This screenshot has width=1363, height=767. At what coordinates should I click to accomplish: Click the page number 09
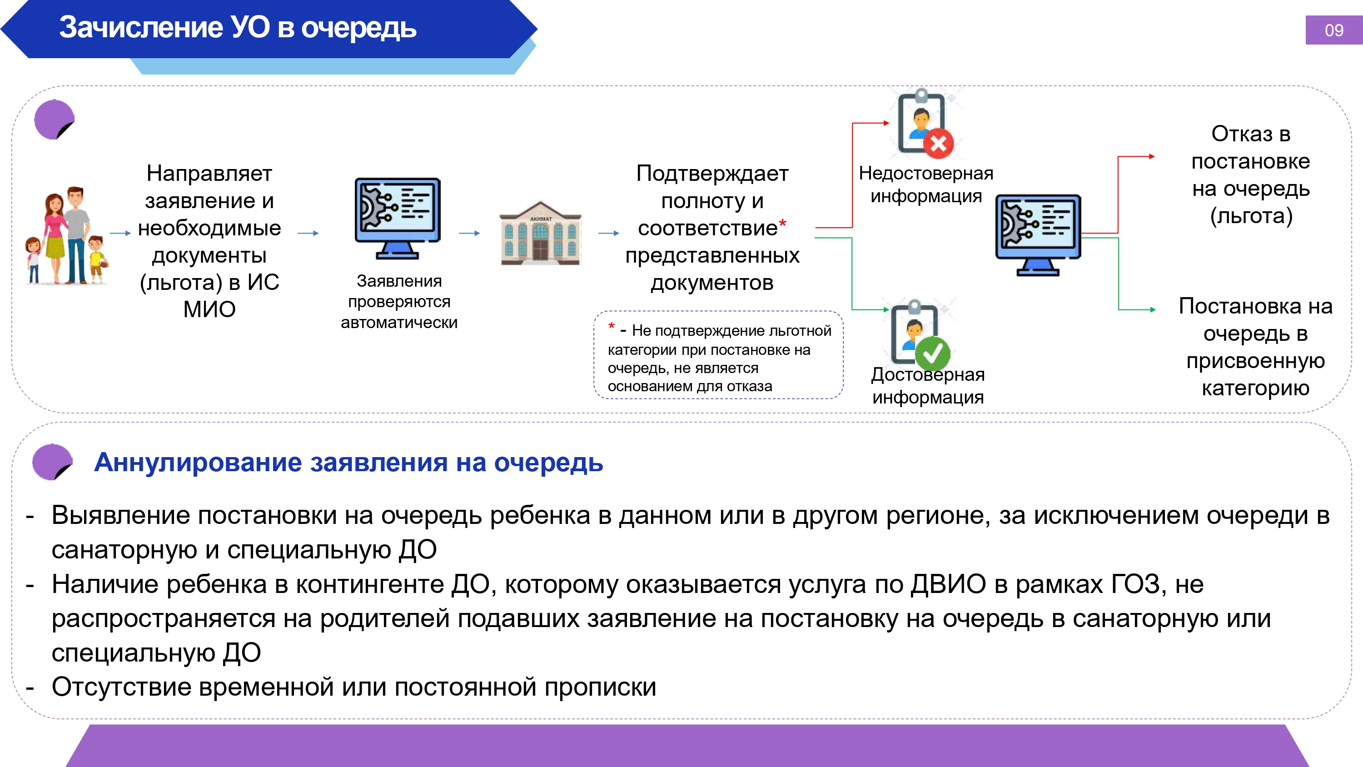click(x=1333, y=30)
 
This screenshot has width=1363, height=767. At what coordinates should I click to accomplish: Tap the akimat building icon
click(x=540, y=233)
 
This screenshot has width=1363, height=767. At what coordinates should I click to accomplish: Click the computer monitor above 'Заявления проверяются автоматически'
click(x=398, y=218)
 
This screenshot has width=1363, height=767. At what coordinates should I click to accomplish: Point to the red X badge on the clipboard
click(x=939, y=143)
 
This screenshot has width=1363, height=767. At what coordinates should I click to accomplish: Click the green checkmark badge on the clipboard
click(x=932, y=353)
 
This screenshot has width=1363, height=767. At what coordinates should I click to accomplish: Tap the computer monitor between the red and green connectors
click(x=1038, y=235)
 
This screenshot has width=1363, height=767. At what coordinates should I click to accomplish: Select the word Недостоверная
click(x=926, y=173)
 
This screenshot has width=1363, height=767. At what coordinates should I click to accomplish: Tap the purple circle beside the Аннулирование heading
click(x=52, y=462)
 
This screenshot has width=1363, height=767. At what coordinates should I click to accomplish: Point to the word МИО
click(x=209, y=309)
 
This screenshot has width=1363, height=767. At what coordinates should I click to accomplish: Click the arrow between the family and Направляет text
click(x=120, y=233)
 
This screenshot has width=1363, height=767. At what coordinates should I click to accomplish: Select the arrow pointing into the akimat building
click(x=469, y=233)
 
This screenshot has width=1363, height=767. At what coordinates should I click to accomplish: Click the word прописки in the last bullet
click(x=601, y=687)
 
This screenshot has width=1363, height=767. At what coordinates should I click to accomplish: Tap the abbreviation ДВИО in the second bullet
click(x=948, y=584)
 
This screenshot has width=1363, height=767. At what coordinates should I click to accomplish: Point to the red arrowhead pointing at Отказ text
click(x=1152, y=156)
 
